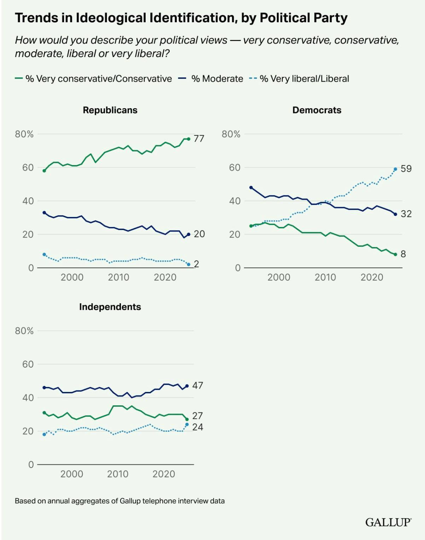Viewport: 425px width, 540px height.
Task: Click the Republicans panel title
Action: (110, 110)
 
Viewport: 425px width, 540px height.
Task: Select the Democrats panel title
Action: (317, 110)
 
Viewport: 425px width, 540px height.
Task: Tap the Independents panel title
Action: (110, 307)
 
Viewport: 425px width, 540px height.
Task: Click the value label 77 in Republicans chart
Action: (199, 139)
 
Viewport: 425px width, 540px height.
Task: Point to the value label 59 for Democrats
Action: (406, 169)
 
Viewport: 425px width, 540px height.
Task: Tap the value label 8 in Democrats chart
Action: (403, 254)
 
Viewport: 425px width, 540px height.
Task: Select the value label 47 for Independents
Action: (198, 385)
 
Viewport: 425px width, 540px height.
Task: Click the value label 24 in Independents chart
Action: (198, 427)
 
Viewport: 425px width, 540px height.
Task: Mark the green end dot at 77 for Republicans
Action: (188, 139)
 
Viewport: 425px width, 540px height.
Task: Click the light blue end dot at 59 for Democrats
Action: (395, 169)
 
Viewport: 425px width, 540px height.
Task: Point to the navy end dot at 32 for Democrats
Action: (395, 214)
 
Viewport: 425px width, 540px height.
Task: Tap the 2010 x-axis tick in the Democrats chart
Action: (325, 277)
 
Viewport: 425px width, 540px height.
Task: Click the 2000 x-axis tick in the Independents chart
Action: (72, 474)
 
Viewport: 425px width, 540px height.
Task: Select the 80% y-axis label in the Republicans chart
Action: (24, 134)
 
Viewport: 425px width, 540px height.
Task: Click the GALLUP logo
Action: (388, 522)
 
